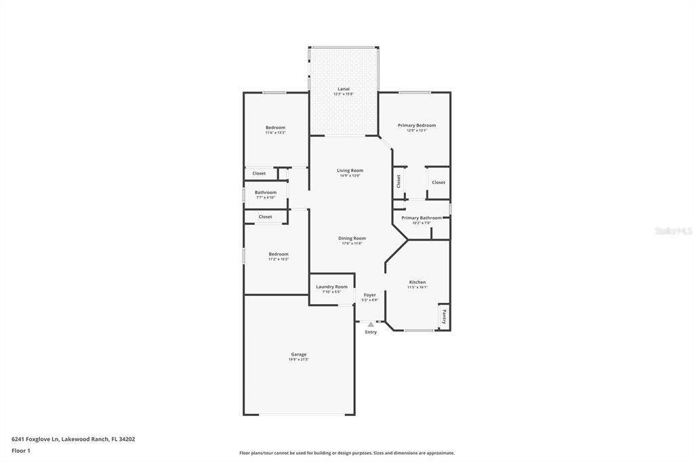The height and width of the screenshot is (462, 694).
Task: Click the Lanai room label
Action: coord(344,89)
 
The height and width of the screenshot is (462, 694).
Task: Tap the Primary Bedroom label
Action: coord(416,125)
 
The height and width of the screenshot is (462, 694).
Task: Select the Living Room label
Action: coord(350,171)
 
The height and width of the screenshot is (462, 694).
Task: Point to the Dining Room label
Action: coord(352,238)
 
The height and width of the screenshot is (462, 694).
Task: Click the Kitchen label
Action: coord(417,282)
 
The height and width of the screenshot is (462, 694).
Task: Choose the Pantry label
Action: coord(444,316)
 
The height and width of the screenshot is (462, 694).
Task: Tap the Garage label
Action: coord(299,354)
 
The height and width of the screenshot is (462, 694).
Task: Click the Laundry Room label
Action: coord(331,287)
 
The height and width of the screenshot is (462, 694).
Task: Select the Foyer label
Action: coord(369,295)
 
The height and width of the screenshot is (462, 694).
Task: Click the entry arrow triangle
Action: coord(370,324)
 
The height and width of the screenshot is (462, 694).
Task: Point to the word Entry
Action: coord(371,332)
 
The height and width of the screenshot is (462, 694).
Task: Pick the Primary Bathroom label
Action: coord(421,218)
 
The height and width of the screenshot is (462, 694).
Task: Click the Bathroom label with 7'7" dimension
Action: coord(266,192)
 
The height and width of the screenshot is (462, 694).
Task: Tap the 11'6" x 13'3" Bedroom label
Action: coord(275,127)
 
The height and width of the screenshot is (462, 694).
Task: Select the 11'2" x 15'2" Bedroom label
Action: coord(279,254)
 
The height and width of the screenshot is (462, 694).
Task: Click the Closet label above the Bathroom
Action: coord(259,173)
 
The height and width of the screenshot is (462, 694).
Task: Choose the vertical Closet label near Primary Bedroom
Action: coord(399,181)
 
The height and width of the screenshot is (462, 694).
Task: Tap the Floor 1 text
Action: coord(21,450)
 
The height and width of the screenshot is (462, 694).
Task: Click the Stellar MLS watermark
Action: coord(673,231)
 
